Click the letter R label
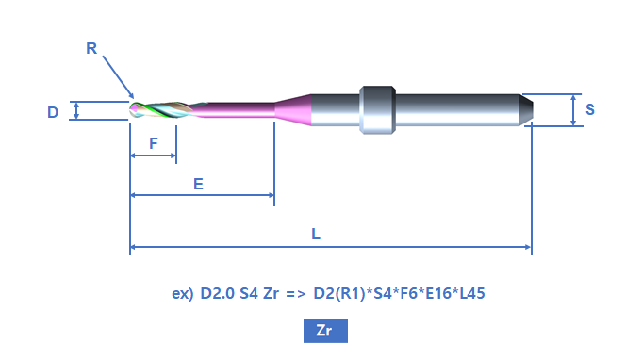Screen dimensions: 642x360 pos(91,48)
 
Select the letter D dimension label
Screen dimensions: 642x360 pos(53,112)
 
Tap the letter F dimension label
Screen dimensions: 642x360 pos(153,143)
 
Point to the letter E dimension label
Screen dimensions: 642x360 pos(198,184)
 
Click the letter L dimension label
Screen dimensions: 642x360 pos(316,234)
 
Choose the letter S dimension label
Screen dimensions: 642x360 pos(589,109)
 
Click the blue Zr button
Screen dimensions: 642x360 pos(325,331)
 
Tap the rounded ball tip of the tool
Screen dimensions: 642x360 pos(134,110)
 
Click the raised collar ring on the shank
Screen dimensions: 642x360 pos(377,109)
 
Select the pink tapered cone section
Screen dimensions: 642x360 pos(293,109)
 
